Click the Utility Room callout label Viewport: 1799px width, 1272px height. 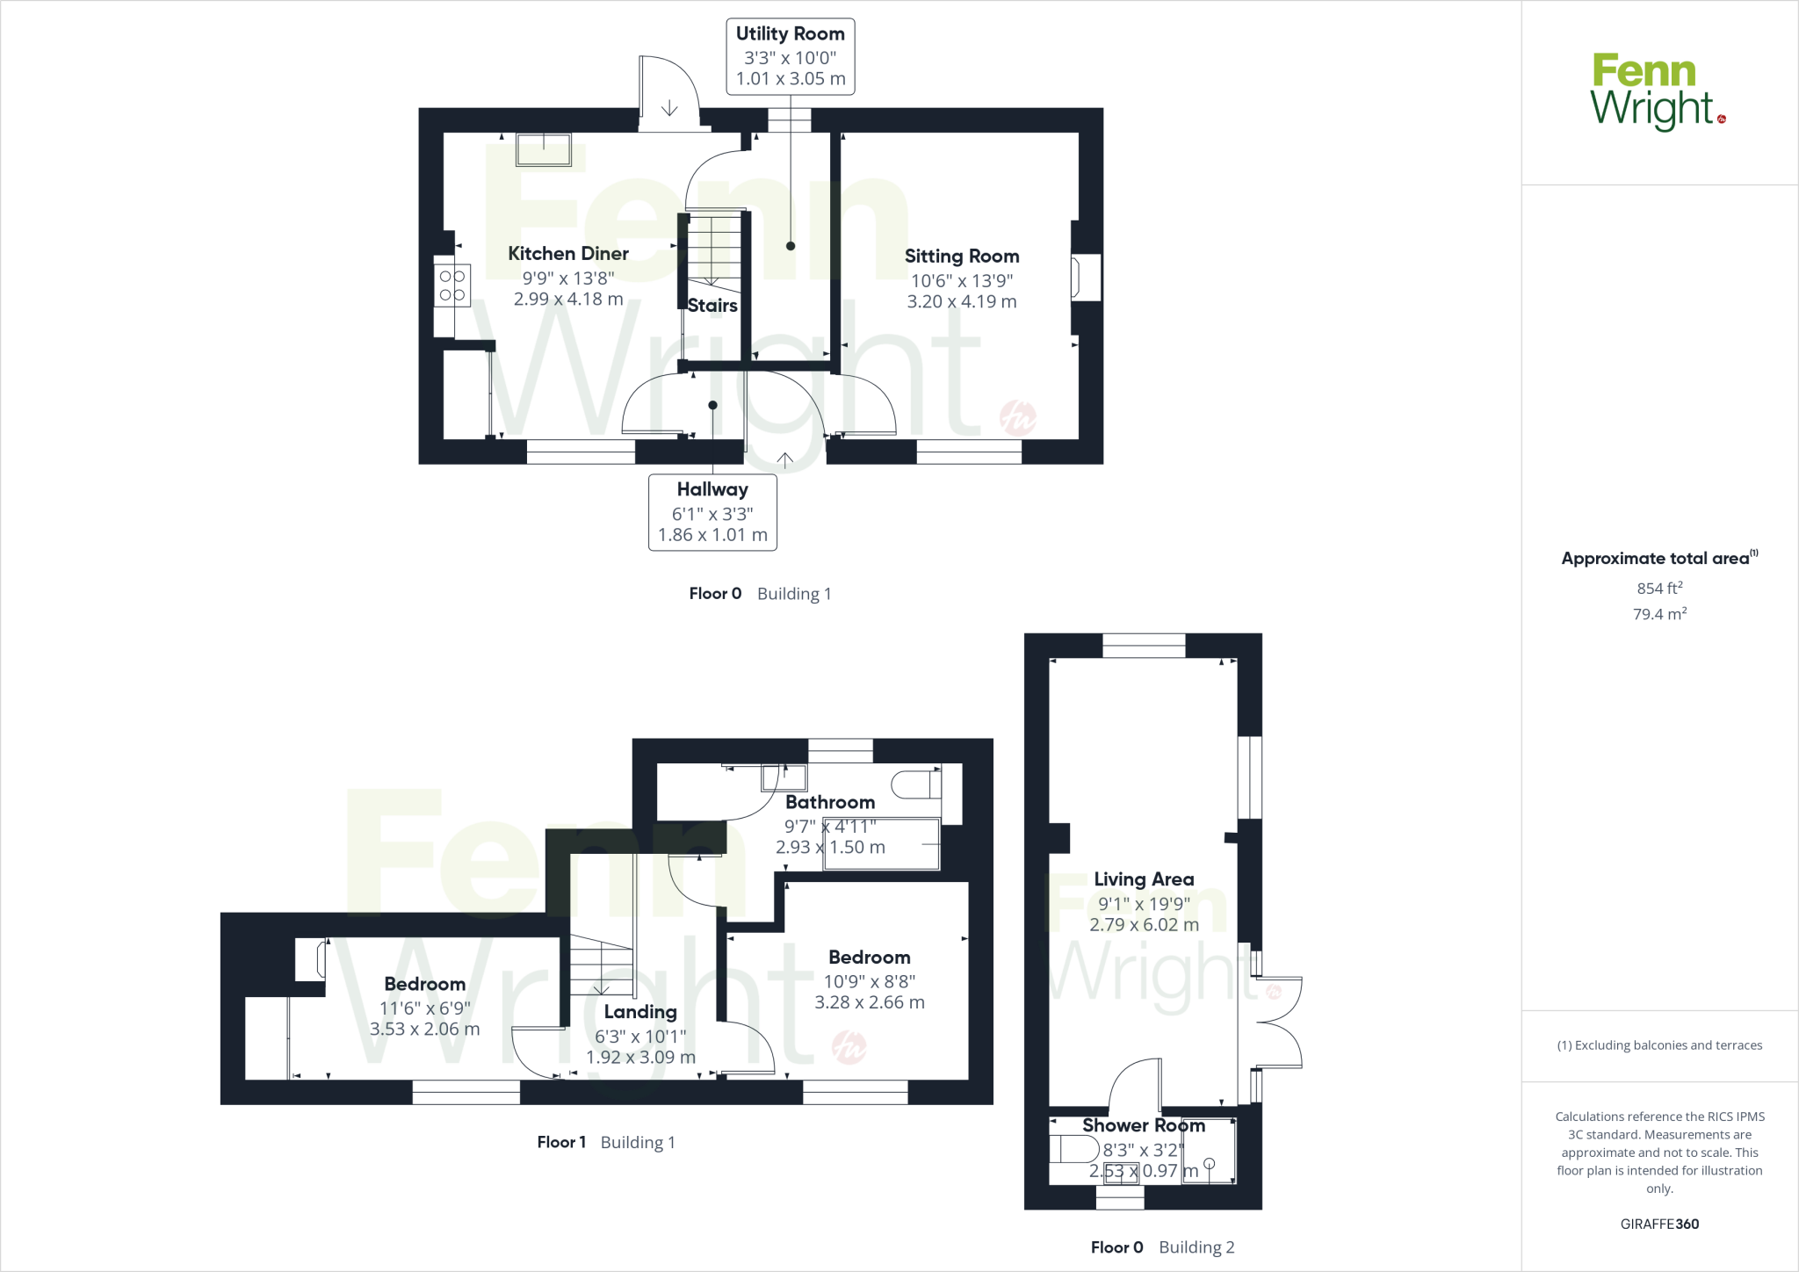tap(790, 56)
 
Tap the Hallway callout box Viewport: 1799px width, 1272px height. tap(712, 512)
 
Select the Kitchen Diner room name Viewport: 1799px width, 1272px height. tap(568, 254)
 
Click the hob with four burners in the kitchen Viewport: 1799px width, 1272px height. tap(452, 285)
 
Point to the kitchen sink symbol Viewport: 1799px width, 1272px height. tap(544, 149)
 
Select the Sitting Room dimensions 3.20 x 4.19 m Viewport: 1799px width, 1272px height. tap(962, 302)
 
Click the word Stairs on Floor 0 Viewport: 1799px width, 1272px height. tap(712, 306)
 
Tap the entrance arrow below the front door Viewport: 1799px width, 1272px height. tap(784, 459)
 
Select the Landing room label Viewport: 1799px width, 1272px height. tap(640, 1012)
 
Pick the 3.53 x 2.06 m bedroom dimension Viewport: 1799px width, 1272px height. tap(425, 1030)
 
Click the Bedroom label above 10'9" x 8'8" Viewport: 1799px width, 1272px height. tap(870, 958)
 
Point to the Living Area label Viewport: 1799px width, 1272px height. tap(1144, 879)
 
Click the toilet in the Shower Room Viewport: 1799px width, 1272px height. tap(1073, 1149)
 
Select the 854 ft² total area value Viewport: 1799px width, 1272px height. tap(1659, 589)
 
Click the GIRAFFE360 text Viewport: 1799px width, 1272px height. tap(1659, 1224)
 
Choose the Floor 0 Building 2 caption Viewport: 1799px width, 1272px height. tap(1162, 1247)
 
